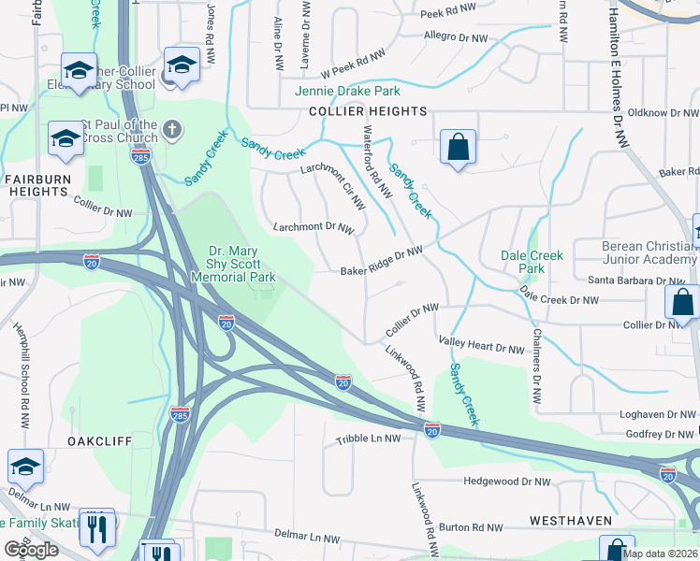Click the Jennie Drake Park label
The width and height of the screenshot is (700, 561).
347,91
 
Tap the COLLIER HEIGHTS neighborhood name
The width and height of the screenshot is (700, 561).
368,111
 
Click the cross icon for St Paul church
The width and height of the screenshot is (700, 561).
172,128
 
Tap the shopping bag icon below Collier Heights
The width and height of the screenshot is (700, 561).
458,147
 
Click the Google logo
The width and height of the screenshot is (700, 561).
32,550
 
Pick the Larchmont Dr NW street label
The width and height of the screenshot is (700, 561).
314,227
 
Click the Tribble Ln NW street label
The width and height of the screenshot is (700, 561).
368,438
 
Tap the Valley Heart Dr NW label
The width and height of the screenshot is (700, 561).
481,348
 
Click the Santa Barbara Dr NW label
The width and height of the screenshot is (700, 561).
636,280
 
